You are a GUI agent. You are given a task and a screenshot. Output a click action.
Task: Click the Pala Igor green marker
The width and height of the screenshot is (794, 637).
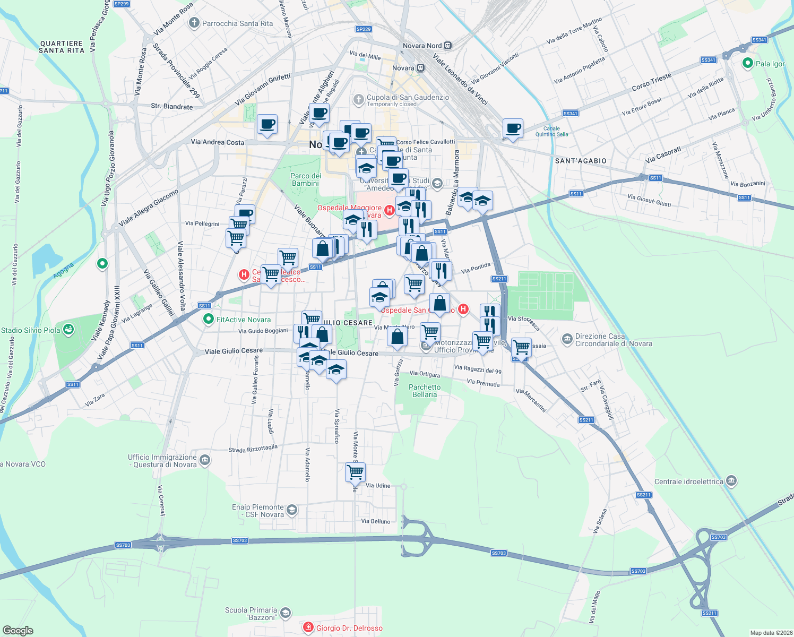click(x=748, y=64)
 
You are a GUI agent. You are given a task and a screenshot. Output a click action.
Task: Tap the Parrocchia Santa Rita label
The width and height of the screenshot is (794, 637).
click(x=237, y=23)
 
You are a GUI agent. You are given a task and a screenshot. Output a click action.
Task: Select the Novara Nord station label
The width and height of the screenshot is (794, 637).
click(x=422, y=46)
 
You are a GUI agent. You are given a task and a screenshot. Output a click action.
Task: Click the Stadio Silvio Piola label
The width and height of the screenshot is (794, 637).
click(x=31, y=330)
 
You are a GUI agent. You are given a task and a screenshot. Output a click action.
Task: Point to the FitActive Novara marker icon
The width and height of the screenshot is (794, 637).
click(x=209, y=320)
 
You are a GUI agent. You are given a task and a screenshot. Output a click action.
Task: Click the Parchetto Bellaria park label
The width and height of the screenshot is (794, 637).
click(x=425, y=391)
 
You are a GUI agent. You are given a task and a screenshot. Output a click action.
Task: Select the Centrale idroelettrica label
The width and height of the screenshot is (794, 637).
click(x=688, y=481)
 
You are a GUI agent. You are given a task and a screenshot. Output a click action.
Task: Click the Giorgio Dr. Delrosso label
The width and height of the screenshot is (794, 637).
click(x=349, y=628)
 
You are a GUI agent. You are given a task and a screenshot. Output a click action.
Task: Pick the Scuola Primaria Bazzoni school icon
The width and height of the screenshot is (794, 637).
click(x=286, y=613)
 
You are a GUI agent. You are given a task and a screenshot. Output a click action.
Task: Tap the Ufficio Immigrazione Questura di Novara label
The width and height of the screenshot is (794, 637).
click(x=162, y=461)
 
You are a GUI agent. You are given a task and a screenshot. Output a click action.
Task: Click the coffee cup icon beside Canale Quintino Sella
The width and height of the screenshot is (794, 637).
click(x=513, y=128)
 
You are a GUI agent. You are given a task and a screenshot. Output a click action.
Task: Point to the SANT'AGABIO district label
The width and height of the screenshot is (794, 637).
click(x=580, y=161)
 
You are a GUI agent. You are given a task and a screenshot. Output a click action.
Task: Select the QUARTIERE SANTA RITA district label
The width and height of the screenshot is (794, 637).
click(x=62, y=47)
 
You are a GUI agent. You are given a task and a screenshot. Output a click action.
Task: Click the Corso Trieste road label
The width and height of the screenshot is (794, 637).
click(x=651, y=82)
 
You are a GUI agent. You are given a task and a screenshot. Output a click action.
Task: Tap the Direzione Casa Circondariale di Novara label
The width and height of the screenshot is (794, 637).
click(x=614, y=340)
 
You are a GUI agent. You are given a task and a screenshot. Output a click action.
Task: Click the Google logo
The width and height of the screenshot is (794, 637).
click(x=18, y=631)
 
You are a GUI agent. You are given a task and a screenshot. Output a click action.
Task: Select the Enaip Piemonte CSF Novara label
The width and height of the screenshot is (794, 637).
click(x=258, y=511)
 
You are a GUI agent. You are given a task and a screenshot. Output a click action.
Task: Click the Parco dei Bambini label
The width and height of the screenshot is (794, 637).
click(x=306, y=179)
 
